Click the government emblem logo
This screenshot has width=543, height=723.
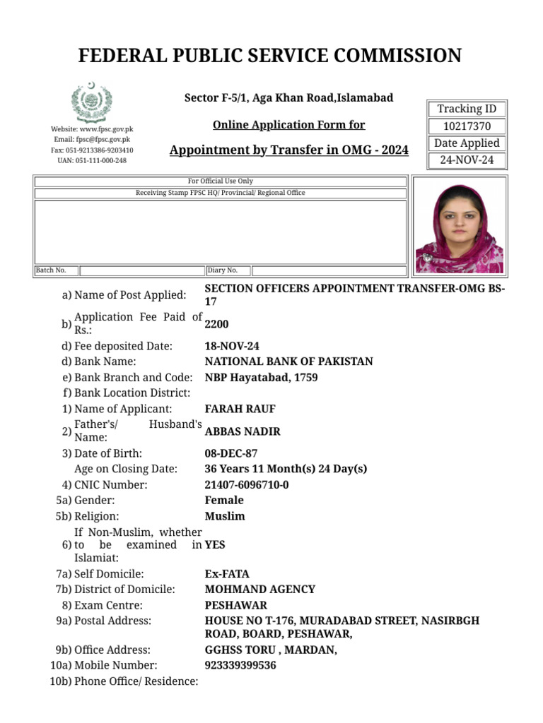(x=92, y=103)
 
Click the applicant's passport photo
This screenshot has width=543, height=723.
(x=459, y=225)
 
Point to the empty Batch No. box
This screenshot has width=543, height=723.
(x=141, y=270)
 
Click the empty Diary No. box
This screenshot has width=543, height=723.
(x=328, y=270)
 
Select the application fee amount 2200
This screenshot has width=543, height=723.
(x=216, y=324)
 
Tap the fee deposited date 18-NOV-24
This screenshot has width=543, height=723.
(x=231, y=346)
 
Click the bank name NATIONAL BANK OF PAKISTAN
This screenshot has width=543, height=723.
(x=288, y=361)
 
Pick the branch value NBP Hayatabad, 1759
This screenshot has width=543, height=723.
(x=261, y=378)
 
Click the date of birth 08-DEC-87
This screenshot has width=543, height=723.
(x=231, y=453)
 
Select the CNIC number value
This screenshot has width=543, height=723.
(x=246, y=485)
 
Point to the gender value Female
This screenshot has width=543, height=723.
(x=223, y=501)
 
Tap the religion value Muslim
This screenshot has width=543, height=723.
(x=224, y=516)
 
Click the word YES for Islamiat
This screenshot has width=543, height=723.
(x=215, y=545)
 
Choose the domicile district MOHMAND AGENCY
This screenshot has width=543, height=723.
(x=259, y=590)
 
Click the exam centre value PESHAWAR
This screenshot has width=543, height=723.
(x=235, y=605)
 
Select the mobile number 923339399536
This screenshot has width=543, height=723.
(x=240, y=665)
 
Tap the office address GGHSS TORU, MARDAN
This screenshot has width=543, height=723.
(x=270, y=650)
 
